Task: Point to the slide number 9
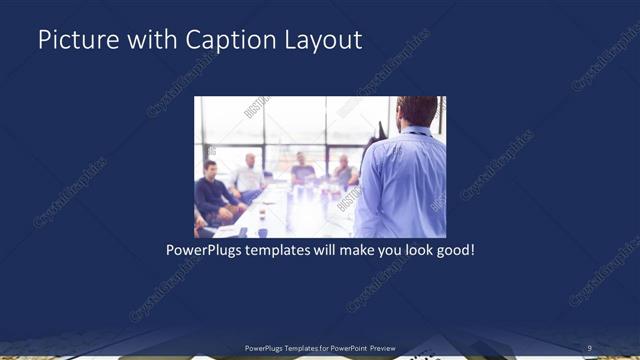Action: tap(590, 348)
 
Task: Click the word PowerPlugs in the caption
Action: tap(204, 249)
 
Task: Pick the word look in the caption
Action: tap(413, 249)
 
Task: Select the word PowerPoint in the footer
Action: tap(342, 348)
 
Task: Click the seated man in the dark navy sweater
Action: tap(213, 193)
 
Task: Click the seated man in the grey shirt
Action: tap(343, 172)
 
